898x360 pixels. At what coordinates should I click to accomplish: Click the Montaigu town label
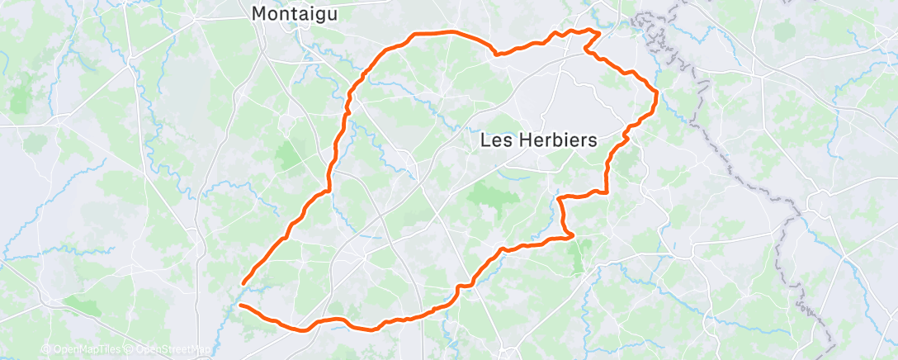(x=294, y=14)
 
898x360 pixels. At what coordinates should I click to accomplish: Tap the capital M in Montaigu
(x=258, y=14)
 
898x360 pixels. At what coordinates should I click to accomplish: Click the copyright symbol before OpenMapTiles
(x=45, y=349)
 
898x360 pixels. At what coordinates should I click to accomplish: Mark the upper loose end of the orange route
(x=243, y=284)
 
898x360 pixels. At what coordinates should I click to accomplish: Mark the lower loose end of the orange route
(x=239, y=306)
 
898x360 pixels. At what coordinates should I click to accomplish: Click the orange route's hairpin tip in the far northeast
(x=598, y=31)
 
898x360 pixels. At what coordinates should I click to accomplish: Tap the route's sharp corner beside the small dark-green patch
(x=572, y=237)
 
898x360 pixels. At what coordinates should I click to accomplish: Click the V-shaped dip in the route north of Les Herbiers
(x=496, y=54)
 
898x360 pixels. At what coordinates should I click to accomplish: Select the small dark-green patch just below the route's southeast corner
(x=576, y=258)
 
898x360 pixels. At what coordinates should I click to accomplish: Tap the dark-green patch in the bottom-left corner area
(x=83, y=306)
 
